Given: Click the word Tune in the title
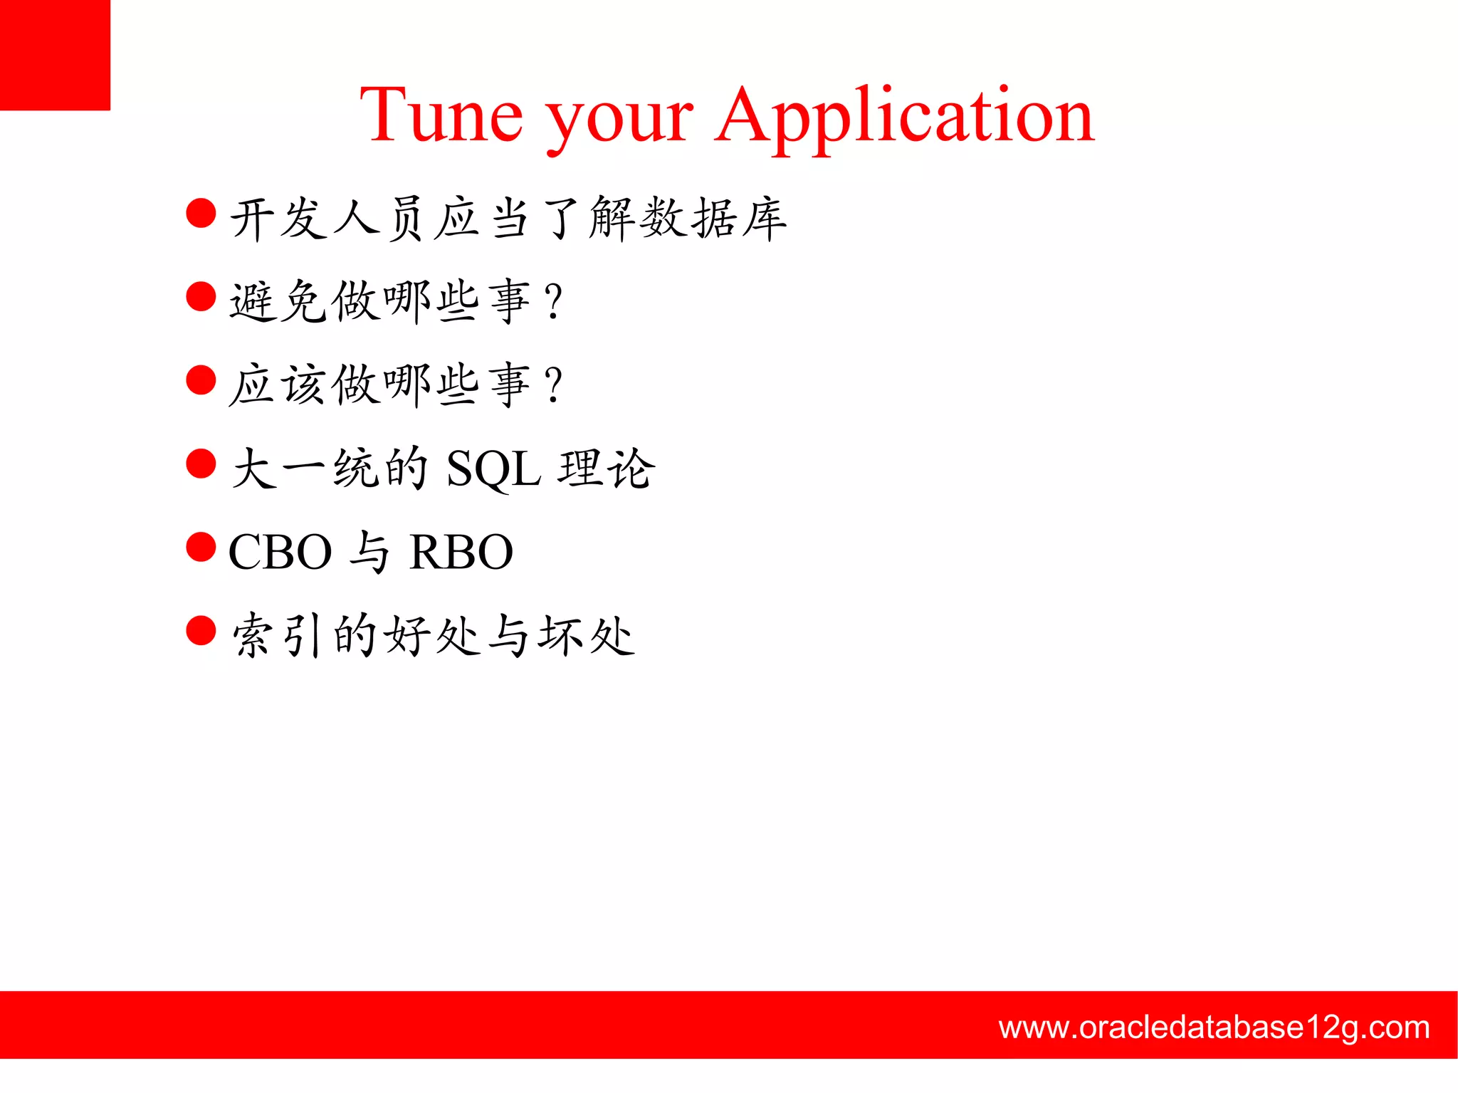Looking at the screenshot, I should tap(441, 115).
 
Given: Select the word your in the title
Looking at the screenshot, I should tap(619, 121).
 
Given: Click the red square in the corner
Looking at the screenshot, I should tap(55, 55).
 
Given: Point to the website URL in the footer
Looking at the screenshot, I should tap(1214, 1027).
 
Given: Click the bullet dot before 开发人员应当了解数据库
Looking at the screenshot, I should tap(201, 213).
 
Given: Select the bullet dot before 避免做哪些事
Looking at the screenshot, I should tap(201, 296).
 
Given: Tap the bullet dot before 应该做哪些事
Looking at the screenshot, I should tap(201, 380).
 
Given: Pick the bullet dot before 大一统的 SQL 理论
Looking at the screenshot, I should tap(201, 463).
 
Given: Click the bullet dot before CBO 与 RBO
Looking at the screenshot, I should tap(201, 547).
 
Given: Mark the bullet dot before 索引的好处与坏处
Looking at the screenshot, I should tap(201, 630).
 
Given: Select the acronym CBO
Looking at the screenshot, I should tap(280, 552).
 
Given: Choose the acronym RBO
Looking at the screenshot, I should tap(461, 552).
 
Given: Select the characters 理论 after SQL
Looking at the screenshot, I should tap(606, 469).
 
